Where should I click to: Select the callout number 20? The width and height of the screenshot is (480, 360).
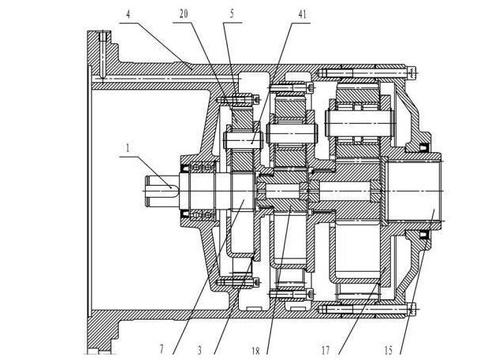pos(184,13)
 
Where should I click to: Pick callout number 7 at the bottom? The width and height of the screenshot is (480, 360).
pos(162,349)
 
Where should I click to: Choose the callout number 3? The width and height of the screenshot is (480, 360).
pos(200,349)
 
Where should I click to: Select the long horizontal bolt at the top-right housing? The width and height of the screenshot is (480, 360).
pos(363,73)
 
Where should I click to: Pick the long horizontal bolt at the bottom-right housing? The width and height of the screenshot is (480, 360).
pos(363,309)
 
